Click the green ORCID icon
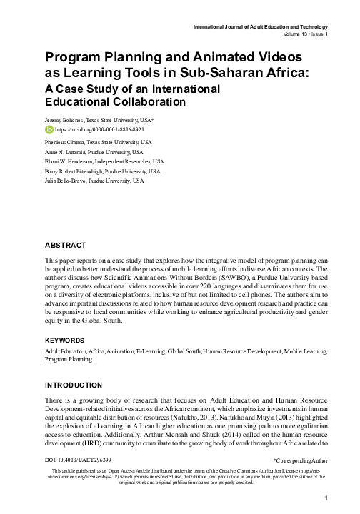(x=49, y=131)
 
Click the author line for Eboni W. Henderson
(x=104, y=162)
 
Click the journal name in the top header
(x=261, y=26)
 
